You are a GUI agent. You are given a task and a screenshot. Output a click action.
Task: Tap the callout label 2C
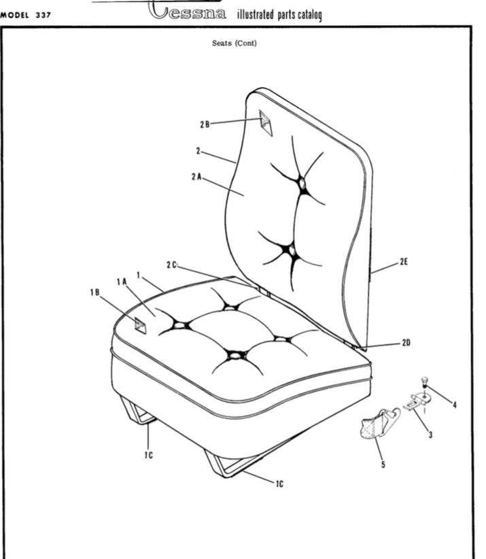(172, 264)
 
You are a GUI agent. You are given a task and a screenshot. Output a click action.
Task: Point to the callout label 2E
(404, 260)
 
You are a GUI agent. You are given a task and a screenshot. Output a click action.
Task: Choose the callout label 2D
(406, 343)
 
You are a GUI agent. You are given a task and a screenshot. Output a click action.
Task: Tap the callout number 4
(454, 405)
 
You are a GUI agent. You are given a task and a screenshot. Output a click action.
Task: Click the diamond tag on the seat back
(265, 124)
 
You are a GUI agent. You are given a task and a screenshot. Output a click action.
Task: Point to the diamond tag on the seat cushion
(139, 325)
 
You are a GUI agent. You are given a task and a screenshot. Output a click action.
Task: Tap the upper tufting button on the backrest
(300, 182)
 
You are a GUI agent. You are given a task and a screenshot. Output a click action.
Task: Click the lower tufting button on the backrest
(292, 251)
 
